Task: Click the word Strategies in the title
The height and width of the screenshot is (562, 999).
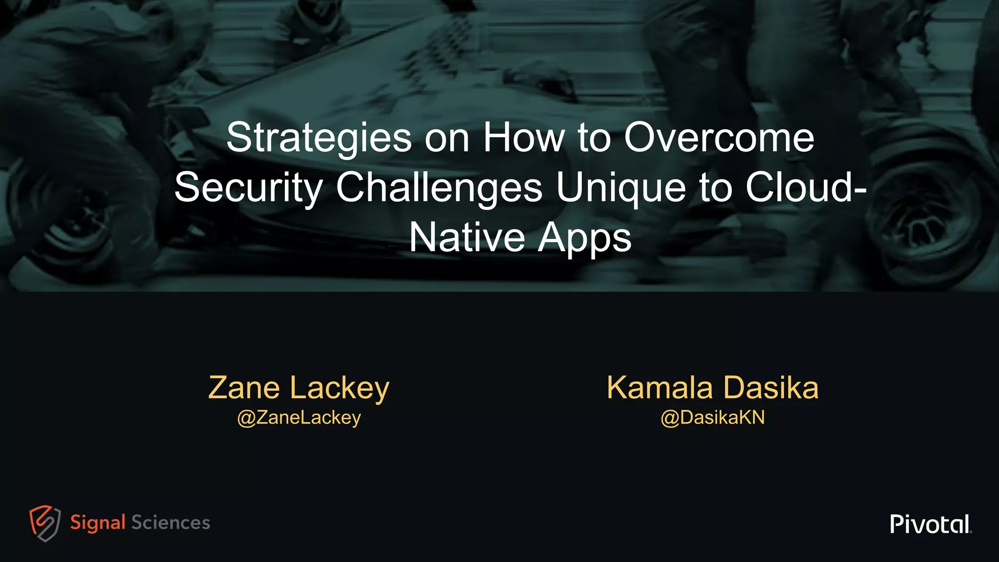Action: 319,138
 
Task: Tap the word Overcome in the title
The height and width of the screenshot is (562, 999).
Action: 719,138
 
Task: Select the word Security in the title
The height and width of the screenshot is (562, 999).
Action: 249,188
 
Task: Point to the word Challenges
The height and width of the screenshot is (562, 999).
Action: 439,188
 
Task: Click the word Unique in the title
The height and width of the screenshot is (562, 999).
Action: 621,188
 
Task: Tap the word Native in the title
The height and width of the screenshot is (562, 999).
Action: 467,238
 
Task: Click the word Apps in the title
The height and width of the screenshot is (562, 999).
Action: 584,239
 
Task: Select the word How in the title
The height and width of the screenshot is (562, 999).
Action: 524,138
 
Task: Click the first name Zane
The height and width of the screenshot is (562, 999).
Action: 244,388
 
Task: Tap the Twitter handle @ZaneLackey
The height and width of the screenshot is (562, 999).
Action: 299,418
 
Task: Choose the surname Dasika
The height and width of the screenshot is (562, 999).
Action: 771,388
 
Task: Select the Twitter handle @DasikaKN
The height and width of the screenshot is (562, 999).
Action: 713,418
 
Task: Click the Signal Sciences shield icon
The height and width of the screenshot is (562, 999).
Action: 45,523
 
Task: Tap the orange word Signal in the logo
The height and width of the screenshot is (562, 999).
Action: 98,523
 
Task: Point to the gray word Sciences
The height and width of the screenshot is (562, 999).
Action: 171,523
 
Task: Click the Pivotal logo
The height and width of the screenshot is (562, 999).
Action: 930,524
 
